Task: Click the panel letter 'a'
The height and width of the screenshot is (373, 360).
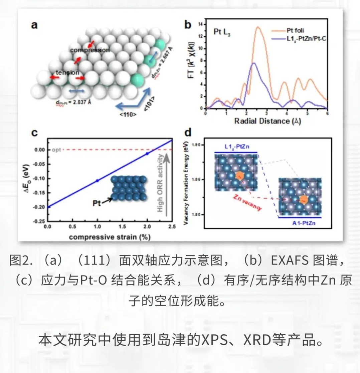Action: (34, 25)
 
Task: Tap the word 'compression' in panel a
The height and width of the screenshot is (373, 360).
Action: (90, 50)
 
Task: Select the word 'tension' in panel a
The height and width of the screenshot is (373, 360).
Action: (67, 72)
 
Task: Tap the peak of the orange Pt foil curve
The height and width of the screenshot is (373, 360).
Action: (258, 27)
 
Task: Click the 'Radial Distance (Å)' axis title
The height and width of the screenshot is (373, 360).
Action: (266, 121)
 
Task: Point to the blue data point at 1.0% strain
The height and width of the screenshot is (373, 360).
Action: (97, 180)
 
